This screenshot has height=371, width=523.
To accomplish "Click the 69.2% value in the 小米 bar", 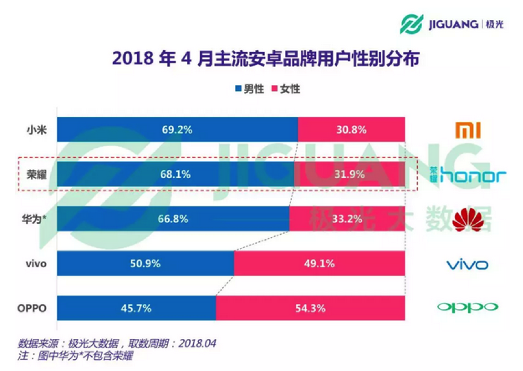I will [x=176, y=130].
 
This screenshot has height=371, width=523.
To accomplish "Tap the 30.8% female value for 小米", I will [x=351, y=130].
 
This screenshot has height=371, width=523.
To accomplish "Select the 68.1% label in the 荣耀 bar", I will [x=176, y=174].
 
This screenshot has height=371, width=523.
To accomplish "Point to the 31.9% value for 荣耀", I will [x=348, y=174].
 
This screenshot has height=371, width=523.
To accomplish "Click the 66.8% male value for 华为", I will [x=174, y=219].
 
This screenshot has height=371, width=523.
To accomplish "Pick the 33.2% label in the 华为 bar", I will [x=347, y=219].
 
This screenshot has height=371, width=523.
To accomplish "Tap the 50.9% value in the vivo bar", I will [x=144, y=264].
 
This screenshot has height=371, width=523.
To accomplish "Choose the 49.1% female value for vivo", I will [x=319, y=264].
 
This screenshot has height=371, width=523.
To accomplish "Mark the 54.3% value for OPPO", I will [x=310, y=308].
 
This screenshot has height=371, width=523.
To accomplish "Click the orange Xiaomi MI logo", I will [x=467, y=130].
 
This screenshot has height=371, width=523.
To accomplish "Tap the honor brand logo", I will [x=467, y=176].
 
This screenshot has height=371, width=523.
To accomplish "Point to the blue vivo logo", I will [x=467, y=264].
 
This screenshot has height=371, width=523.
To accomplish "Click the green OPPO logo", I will [x=467, y=308].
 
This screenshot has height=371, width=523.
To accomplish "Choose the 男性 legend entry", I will [x=249, y=89].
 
